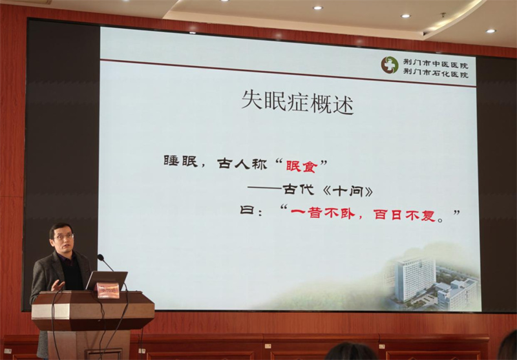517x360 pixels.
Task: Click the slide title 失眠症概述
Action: [x=297, y=101]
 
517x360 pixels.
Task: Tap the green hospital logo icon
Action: [x=390, y=65]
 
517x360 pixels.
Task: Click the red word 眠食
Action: [x=301, y=166]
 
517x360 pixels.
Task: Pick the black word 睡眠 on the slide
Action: [x=181, y=161]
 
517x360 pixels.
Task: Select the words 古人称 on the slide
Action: [x=242, y=163]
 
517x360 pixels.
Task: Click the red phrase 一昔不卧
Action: [x=322, y=213]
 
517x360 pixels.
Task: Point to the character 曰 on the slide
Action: [x=247, y=209]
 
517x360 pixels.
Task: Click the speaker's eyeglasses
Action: [x=63, y=237]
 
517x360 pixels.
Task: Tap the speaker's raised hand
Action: [x=58, y=286]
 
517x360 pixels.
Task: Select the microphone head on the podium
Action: [x=101, y=257]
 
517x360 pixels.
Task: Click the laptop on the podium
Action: [x=107, y=281]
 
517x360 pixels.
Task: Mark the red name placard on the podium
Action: [x=108, y=290]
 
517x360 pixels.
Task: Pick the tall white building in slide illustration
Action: [x=415, y=279]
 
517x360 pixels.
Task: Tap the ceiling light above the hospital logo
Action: [x=406, y=16]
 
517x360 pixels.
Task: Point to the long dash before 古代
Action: [x=264, y=188]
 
